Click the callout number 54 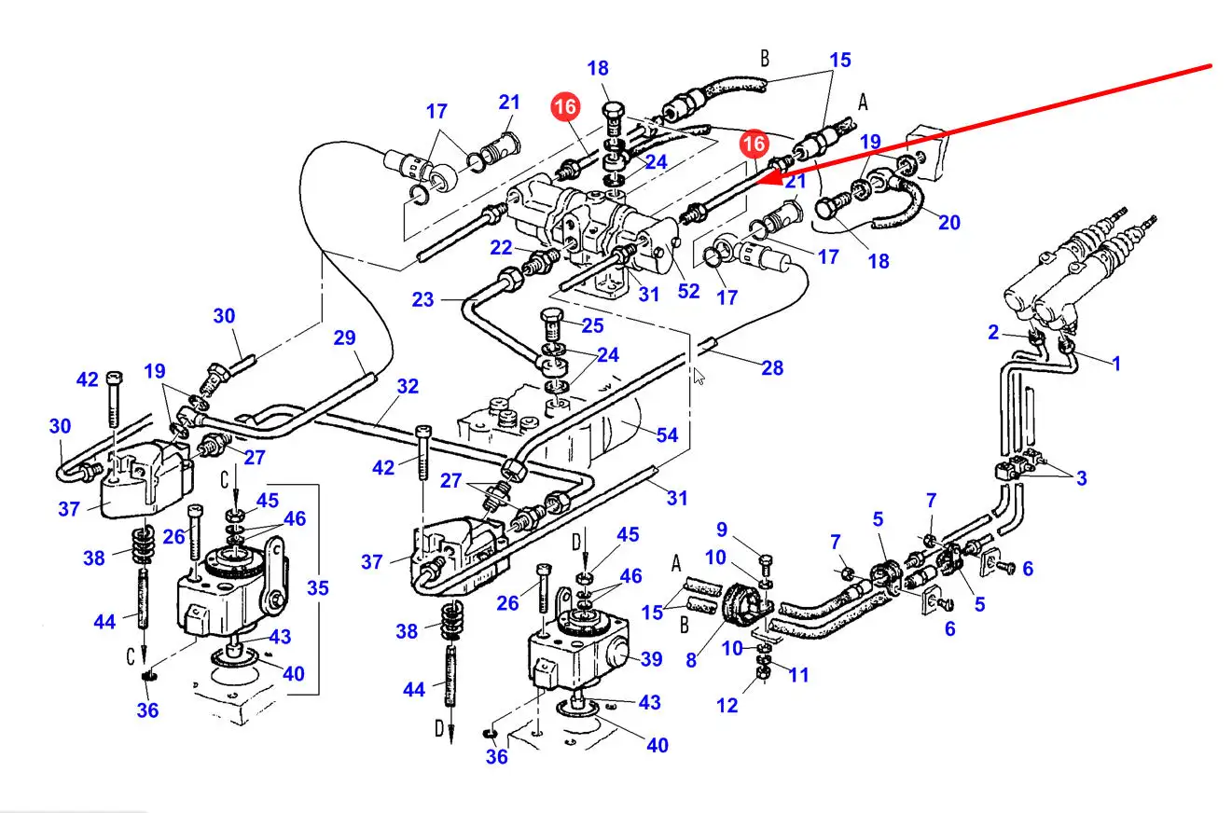(x=667, y=434)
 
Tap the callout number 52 (x=688, y=291)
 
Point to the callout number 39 (x=651, y=659)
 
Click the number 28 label (x=772, y=367)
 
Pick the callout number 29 (x=345, y=337)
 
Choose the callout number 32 (x=408, y=386)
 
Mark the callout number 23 (x=423, y=300)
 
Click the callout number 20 (x=949, y=222)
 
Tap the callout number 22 (x=502, y=247)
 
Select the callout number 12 (x=727, y=705)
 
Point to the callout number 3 (x=1081, y=478)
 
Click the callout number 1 (x=1116, y=363)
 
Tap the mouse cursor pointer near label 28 (x=699, y=376)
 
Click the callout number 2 (x=993, y=332)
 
